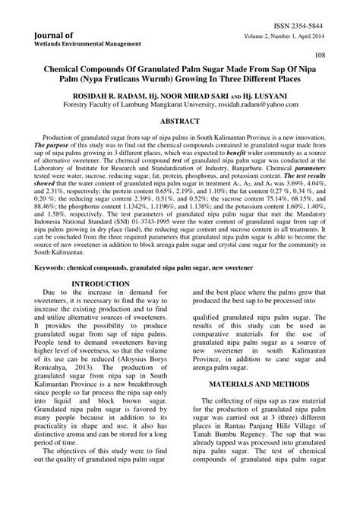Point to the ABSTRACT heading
pyautogui.click(x=179, y=121)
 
